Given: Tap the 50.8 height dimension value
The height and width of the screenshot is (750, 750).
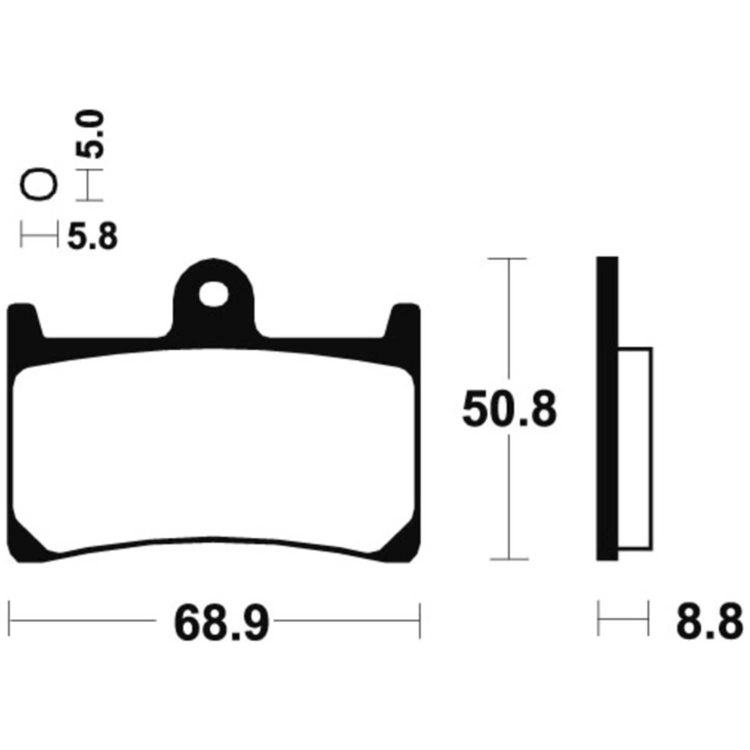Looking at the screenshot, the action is click(x=509, y=409).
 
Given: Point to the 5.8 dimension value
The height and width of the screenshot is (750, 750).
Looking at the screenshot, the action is click(x=92, y=236).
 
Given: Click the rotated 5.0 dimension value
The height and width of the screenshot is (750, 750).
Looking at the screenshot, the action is click(x=90, y=135).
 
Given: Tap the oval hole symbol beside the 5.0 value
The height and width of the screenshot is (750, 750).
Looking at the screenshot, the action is click(x=38, y=185).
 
